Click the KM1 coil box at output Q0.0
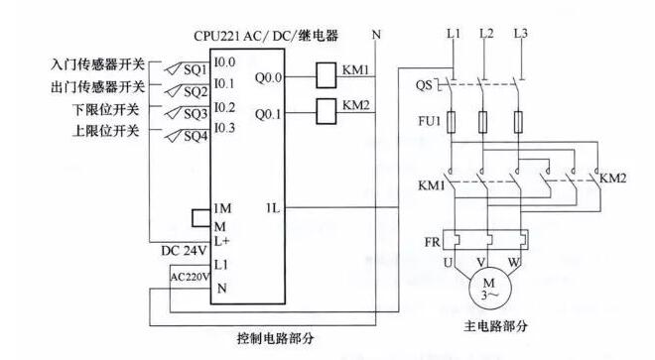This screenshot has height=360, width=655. point(327,72)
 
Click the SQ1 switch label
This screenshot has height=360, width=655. point(196,70)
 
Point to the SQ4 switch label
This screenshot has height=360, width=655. point(196,135)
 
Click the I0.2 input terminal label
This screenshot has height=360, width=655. point(224,106)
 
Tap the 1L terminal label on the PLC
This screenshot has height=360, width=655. point(272,208)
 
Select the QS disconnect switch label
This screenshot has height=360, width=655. point(425,85)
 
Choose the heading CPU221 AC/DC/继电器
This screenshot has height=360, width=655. point(267,36)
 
